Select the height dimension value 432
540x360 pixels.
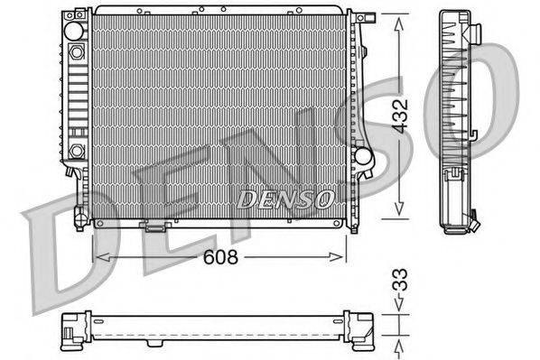click(408, 115)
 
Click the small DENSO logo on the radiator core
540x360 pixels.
click(286, 196)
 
